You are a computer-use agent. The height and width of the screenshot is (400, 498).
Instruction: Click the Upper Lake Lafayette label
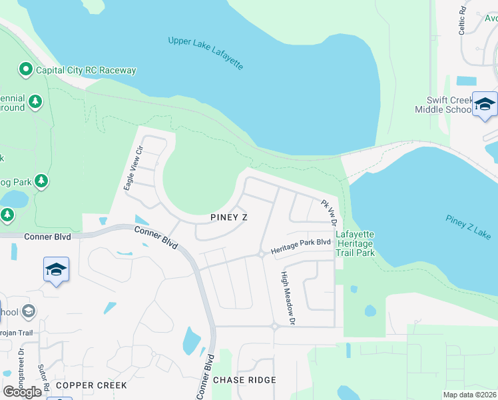206,53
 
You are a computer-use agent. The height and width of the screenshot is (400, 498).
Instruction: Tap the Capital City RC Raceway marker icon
26,69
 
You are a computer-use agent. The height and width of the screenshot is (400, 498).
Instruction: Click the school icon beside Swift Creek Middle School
485,105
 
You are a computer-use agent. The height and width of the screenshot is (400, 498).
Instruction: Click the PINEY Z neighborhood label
228,218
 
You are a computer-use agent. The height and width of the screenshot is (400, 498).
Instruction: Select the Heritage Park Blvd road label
300,247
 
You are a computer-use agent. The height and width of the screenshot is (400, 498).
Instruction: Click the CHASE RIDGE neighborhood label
244,380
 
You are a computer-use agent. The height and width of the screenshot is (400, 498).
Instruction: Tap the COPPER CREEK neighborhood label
83,385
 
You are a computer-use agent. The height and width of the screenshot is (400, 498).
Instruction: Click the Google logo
23,392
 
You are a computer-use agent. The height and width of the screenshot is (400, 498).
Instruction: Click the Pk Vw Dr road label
330,211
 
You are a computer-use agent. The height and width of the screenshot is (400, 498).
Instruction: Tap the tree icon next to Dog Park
41,181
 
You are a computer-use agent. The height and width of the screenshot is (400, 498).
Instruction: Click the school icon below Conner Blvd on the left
57,269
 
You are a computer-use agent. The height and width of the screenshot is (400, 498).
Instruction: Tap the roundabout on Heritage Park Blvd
262,254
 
